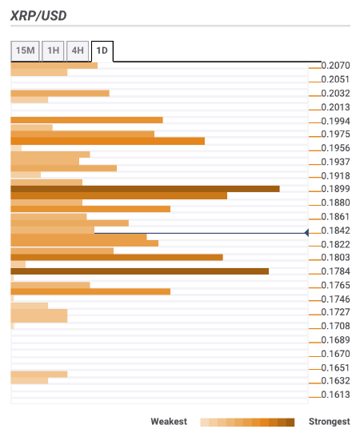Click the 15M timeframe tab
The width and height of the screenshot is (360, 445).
click(25, 50)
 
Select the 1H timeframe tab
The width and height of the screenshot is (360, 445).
click(53, 50)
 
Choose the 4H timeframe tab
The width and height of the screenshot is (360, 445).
click(78, 50)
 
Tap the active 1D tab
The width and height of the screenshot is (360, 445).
click(102, 51)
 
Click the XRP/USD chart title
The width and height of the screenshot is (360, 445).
click(38, 16)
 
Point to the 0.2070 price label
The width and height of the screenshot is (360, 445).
click(336, 66)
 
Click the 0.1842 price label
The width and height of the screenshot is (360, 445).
click(336, 231)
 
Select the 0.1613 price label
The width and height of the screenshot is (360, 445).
click(336, 395)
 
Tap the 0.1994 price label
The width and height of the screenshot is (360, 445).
click(336, 121)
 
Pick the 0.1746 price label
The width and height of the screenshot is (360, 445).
click(336, 299)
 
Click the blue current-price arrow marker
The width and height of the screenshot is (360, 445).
click(306, 233)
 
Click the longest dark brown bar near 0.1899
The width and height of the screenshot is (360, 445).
click(146, 189)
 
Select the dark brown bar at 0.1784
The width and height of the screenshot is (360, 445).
click(139, 271)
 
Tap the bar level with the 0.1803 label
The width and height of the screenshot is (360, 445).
click(117, 258)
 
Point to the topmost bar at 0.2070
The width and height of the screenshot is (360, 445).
click(54, 66)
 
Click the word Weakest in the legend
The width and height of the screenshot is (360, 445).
click(169, 422)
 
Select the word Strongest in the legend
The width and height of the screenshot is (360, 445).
click(330, 422)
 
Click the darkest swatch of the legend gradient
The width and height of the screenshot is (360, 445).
click(290, 423)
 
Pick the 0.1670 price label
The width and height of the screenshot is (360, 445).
click(336, 354)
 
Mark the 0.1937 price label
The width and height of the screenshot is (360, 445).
click(336, 162)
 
